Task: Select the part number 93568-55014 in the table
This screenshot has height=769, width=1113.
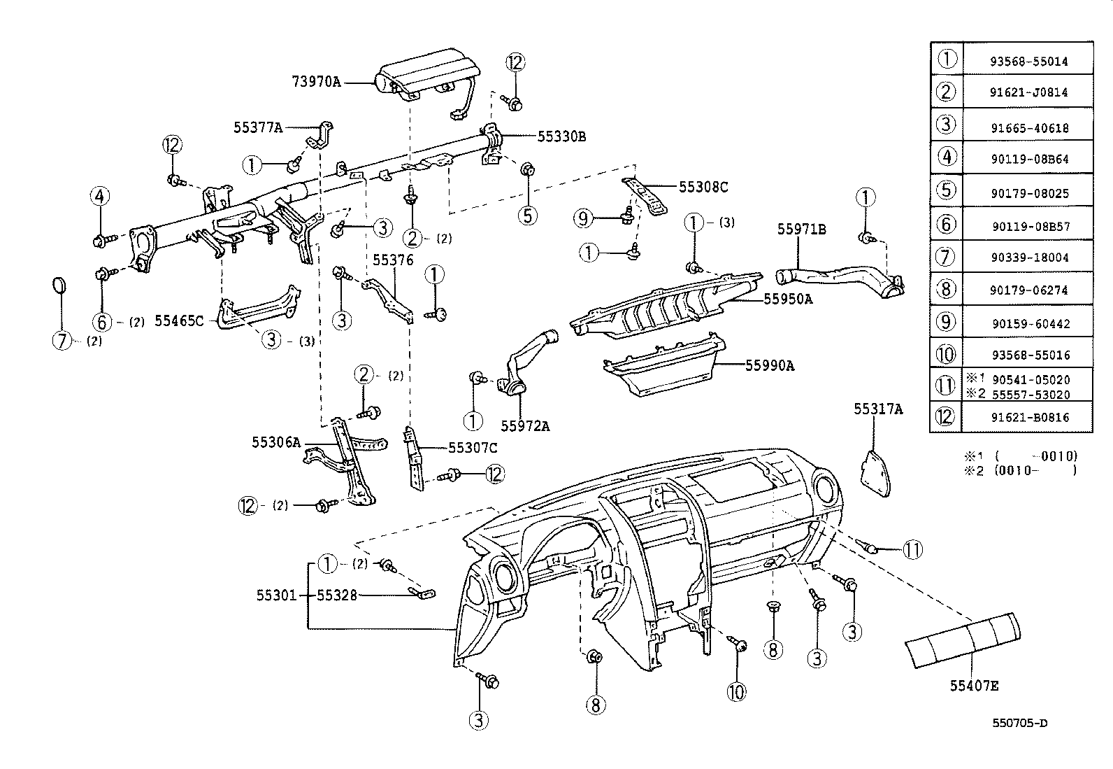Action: pos(1028,61)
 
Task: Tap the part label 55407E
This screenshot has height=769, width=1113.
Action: pos(973,686)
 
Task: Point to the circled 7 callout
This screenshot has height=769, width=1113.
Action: pos(63,341)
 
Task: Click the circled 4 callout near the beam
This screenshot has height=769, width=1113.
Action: pos(99,197)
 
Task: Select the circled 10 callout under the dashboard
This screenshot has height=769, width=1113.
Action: pos(736,691)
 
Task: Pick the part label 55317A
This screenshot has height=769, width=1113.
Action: pos(877,409)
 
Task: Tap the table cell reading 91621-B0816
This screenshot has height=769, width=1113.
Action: pos(1028,418)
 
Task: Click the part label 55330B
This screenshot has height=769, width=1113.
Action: pos(561,137)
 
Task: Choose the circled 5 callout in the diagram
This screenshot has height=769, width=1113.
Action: pos(528,214)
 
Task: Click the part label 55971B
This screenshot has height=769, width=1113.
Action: pos(802,229)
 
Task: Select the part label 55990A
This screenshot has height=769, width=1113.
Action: pos(769,365)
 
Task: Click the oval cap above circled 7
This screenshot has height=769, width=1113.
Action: pos(60,287)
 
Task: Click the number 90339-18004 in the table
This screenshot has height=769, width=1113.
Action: pos(1028,257)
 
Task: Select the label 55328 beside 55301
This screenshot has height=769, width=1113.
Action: pos(337,595)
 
